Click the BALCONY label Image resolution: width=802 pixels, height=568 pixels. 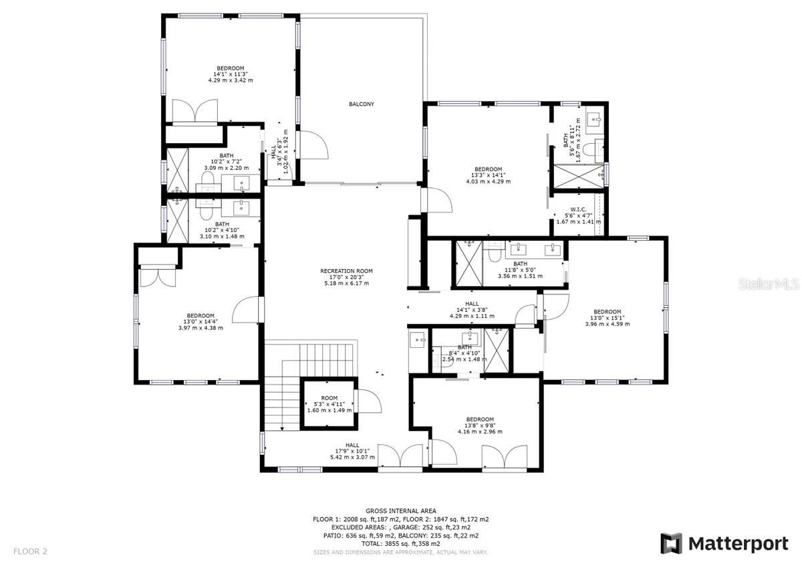click(361, 104)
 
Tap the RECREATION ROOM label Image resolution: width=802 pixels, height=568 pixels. click(346, 277)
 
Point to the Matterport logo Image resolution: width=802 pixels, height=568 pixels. click(724, 543)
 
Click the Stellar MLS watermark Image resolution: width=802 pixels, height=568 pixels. click(772, 284)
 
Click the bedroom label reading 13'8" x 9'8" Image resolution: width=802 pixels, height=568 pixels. click(479, 425)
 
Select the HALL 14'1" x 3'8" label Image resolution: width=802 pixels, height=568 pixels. click(471, 309)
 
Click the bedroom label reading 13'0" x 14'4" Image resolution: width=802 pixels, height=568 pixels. click(200, 322)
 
